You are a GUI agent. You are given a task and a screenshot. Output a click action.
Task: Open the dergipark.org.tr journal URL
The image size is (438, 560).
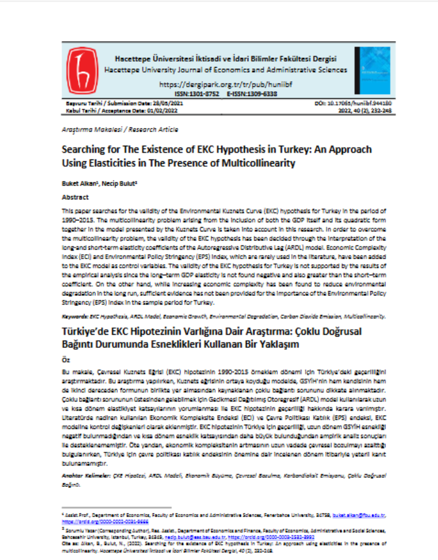click(x=225, y=84)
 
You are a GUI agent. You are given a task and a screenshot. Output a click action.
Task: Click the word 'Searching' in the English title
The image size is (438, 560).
click(x=85, y=149)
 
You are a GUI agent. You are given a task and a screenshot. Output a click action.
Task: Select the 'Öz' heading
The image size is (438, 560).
click(x=66, y=358)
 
